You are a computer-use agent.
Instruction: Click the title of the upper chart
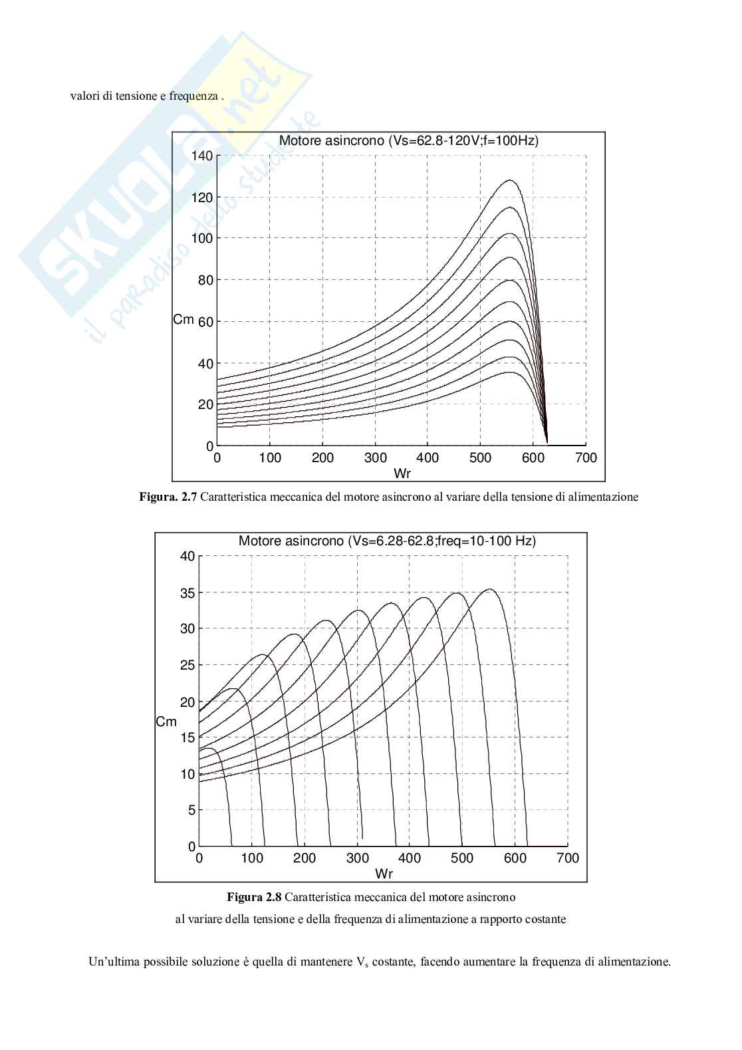pos(408,141)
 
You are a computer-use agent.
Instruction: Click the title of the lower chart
pos(387,541)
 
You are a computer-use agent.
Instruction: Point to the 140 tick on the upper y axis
pos(202,156)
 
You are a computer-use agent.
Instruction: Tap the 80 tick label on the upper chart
pos(205,280)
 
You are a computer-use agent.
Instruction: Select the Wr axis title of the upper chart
pos(402,473)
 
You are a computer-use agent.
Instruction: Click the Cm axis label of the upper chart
pos(184,320)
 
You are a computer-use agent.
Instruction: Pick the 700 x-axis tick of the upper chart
pos(586,458)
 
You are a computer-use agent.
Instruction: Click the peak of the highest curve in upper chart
pos(510,180)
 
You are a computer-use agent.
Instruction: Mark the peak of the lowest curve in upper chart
pos(509,372)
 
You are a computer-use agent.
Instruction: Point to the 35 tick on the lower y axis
pos(188,592)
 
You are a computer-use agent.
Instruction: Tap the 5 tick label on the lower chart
pos(192,811)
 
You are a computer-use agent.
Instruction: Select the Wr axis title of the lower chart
pos(384,873)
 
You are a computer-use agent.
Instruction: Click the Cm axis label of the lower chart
pos(166,722)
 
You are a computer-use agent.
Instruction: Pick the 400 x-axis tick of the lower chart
pos(410,858)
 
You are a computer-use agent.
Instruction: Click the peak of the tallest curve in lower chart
pos(490,589)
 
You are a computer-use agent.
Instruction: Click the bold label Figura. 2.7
pos(168,497)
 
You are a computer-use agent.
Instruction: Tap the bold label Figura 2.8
pos(255,897)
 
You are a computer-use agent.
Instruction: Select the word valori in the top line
pos(84,96)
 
